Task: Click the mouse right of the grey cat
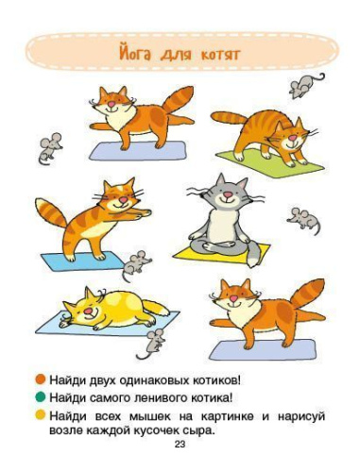coord(302,219)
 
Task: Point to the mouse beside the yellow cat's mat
coord(154,339)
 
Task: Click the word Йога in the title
coord(141,53)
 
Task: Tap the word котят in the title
coord(218,54)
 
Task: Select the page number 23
coord(180,445)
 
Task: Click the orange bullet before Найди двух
coord(55,380)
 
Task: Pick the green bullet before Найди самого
coord(55,398)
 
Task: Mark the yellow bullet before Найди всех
coord(55,415)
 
